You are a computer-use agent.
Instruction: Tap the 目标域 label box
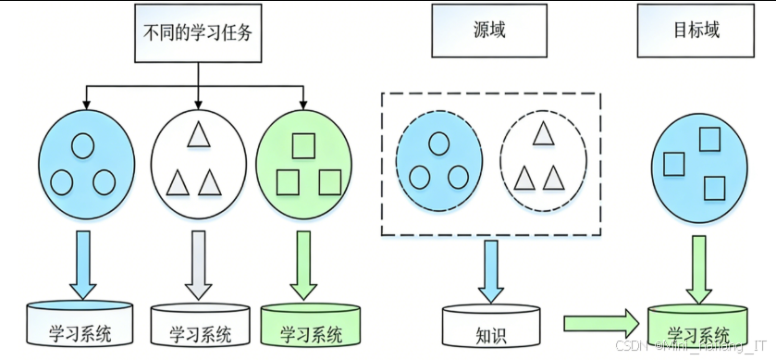click(696, 31)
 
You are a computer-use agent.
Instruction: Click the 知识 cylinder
click(490, 328)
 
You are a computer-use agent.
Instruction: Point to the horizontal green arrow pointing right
click(601, 323)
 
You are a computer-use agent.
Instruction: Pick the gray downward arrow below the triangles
click(198, 262)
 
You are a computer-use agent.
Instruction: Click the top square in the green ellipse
click(302, 145)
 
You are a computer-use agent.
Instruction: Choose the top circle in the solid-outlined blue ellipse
click(83, 145)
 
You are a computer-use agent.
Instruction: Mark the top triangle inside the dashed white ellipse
click(543, 135)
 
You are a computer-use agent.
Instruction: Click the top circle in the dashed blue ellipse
click(438, 143)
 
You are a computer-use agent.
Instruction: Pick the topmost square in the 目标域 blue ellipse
click(708, 140)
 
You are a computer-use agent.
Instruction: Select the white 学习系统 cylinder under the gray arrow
click(200, 326)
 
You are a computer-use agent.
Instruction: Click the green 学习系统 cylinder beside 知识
click(698, 328)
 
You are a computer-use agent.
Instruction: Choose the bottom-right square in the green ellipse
click(329, 182)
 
